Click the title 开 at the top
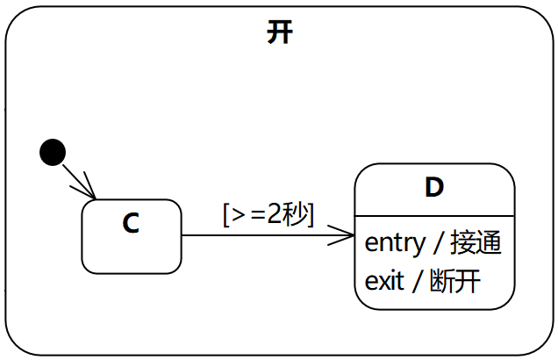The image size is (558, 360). click(280, 33)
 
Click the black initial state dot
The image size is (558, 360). click(53, 152)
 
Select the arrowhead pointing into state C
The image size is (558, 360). click(89, 192)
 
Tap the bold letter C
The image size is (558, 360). click(131, 224)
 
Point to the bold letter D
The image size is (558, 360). click(433, 187)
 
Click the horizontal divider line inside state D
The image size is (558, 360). click(434, 214)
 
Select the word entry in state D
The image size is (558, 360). click(394, 242)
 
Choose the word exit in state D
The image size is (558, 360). click(384, 281)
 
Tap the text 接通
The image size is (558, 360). click(479, 242)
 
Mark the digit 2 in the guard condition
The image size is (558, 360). click(274, 213)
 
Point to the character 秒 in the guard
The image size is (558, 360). click(294, 213)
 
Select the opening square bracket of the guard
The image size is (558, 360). click(227, 214)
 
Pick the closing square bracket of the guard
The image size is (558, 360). click(310, 214)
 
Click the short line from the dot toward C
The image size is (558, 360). click(74, 176)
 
